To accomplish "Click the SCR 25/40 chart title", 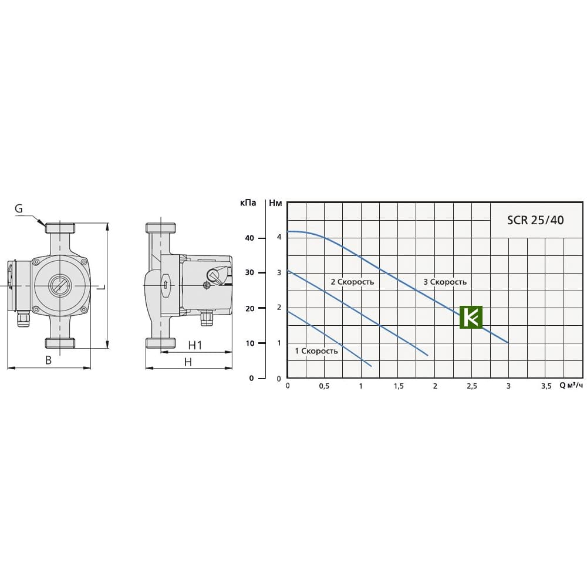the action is click(535, 220).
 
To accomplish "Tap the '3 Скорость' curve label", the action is click(445, 282).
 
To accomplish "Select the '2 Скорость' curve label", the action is click(352, 282).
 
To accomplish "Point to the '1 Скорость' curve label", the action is click(316, 351).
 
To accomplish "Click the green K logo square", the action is click(471, 318).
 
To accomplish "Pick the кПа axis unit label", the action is click(248, 203).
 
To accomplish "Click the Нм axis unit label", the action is click(275, 203).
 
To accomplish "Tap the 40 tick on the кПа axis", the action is click(249, 238).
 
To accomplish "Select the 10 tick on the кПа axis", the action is click(249, 343).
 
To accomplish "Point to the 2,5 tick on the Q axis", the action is click(472, 386).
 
